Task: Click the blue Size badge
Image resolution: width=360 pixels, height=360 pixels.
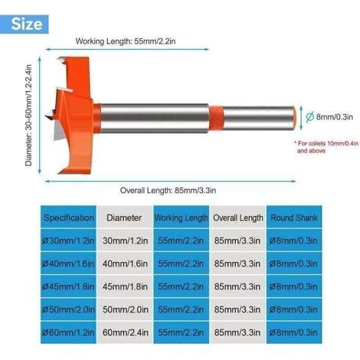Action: click(24, 25)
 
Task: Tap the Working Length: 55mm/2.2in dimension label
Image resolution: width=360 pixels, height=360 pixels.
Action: click(126, 41)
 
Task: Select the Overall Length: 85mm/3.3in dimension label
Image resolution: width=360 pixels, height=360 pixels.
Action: click(168, 190)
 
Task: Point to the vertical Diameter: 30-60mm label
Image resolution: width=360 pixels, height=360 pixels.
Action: click(28, 115)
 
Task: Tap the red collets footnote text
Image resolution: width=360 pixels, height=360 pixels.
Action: click(326, 147)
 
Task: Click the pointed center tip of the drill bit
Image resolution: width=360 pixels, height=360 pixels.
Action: click(46, 117)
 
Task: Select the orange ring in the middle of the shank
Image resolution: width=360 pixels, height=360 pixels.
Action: click(216, 118)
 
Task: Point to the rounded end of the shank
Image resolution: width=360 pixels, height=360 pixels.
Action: click(294, 118)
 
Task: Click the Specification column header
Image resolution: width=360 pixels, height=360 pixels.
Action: click(68, 218)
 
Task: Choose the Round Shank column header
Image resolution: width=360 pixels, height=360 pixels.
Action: click(294, 218)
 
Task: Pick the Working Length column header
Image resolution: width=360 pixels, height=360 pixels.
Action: click(182, 218)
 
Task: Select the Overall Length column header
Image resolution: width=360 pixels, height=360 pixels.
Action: click(238, 218)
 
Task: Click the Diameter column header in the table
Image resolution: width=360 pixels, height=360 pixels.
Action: click(124, 218)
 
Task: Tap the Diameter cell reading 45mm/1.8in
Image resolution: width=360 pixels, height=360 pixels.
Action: click(125, 286)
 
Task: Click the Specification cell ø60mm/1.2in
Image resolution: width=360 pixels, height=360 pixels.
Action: click(68, 332)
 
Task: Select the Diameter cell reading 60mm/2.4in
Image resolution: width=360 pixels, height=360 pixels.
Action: click(125, 332)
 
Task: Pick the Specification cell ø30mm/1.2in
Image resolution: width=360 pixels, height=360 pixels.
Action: click(68, 241)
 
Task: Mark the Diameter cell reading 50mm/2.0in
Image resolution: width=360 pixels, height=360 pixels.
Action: click(125, 309)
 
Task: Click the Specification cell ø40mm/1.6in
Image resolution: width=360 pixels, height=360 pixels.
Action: click(68, 263)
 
